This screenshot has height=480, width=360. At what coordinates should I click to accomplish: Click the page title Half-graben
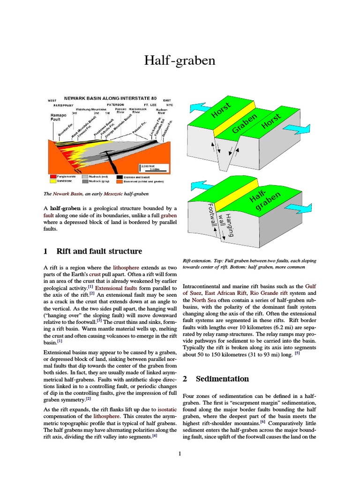point(180,60)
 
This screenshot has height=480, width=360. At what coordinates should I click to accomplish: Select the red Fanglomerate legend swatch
point(53,176)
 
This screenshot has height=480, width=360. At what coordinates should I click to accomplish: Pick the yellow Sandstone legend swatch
point(53,180)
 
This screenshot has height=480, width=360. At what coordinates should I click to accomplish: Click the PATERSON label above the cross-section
point(115,105)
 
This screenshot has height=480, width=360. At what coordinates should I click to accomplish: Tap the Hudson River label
point(162,111)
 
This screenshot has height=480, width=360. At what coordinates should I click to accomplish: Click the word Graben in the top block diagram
point(244,123)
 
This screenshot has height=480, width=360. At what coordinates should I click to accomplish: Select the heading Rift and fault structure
point(99,251)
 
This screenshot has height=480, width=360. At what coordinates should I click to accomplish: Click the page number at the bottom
point(180,453)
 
